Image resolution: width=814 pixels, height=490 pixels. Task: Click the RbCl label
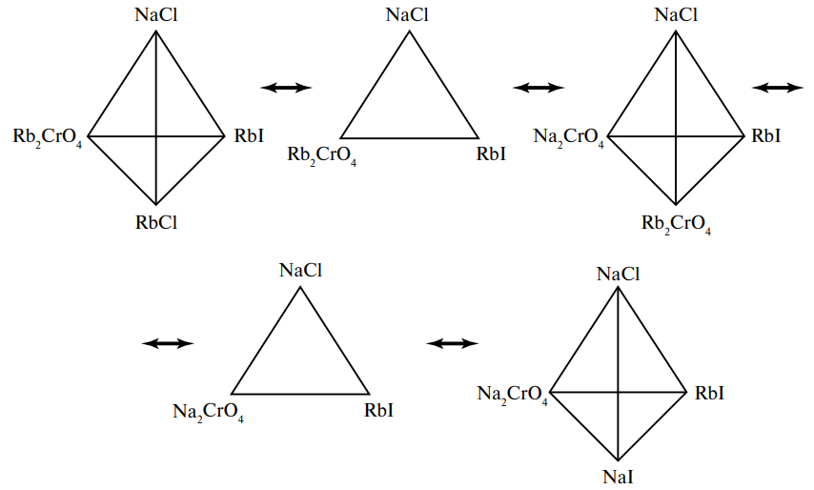click(156, 223)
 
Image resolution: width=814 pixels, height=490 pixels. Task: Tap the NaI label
click(618, 477)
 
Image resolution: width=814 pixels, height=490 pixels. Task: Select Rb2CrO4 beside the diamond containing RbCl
click(48, 137)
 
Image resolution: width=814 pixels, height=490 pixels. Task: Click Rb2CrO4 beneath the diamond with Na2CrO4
click(676, 226)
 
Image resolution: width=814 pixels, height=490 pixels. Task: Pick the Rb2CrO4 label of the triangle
click(322, 155)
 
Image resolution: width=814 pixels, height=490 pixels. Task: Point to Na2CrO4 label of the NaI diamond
click(513, 394)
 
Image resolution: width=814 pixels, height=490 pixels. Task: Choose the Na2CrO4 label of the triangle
click(208, 413)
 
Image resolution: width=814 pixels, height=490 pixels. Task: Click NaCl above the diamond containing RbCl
click(156, 14)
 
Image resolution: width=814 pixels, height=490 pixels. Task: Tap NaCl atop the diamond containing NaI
click(618, 275)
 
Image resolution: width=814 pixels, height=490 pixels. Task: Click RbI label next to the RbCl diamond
click(250, 136)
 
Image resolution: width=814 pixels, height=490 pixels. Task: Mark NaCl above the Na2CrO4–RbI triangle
click(300, 270)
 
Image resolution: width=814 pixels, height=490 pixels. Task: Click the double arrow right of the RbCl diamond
click(286, 88)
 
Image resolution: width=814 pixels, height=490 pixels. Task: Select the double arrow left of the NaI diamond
click(453, 343)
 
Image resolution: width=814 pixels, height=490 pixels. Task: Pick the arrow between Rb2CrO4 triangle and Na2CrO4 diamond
click(539, 88)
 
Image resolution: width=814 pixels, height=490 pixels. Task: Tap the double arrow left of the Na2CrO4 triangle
click(168, 343)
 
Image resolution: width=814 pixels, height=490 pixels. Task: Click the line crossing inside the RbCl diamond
click(156, 136)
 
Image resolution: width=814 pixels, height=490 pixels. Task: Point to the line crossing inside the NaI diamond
click(618, 392)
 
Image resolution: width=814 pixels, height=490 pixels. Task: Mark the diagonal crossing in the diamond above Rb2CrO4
click(676, 136)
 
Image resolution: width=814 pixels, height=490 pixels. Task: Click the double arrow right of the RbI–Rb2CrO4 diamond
click(778, 88)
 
